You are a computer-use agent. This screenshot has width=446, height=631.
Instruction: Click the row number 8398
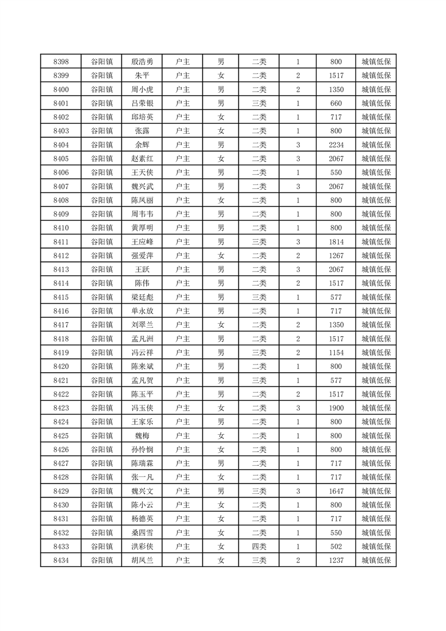[x=61, y=62]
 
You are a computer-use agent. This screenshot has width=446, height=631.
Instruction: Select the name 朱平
[x=142, y=76]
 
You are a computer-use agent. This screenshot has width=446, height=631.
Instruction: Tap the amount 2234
[x=336, y=145]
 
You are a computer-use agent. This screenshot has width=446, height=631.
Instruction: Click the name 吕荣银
[x=142, y=103]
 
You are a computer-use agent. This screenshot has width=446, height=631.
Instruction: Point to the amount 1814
[x=336, y=242]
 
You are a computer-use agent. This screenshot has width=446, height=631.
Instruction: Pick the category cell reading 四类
[x=259, y=546]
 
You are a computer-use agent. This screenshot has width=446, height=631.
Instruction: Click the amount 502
[x=336, y=546]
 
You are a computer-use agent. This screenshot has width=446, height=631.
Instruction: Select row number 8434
[x=61, y=560]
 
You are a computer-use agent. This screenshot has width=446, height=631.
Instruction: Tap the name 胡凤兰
[x=142, y=560]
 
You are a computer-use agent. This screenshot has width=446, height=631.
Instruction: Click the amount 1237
[x=336, y=560]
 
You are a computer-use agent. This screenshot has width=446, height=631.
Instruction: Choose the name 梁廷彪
[x=142, y=297]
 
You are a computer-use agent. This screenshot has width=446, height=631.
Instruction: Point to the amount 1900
[x=336, y=408]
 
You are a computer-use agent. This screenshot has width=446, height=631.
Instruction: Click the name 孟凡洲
[x=142, y=339]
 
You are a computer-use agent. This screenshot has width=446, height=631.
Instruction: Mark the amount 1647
[x=336, y=491]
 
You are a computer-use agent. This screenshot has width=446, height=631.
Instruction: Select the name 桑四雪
[x=142, y=533]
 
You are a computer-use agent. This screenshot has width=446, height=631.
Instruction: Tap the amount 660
[x=336, y=103]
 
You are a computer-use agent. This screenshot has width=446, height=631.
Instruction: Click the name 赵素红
[x=142, y=159]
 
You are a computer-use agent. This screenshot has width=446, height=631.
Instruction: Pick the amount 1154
[x=336, y=353]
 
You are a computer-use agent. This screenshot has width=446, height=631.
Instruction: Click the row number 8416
[x=61, y=311]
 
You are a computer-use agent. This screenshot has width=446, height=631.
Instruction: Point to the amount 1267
[x=336, y=256]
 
